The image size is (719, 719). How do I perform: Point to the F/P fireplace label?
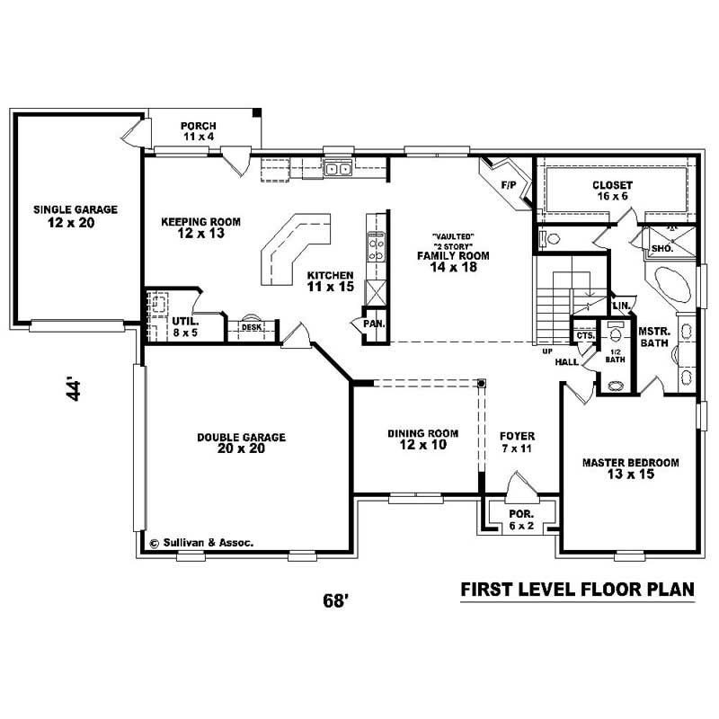click(507, 184)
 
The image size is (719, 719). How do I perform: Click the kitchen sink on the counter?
click(338, 168)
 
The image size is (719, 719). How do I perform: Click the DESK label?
click(251, 327)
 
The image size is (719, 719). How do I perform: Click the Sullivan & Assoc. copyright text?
click(201, 543)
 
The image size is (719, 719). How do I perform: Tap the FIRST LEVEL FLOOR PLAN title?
click(577, 590)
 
